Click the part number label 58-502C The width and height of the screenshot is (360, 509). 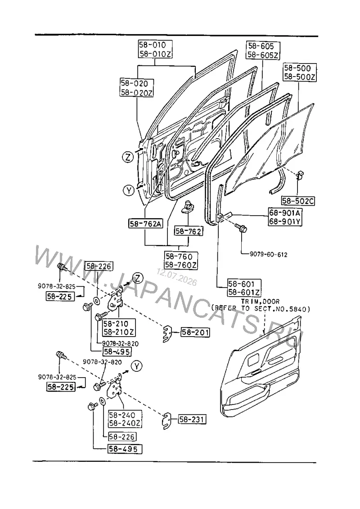coord(298,201)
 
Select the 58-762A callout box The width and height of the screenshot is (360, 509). coord(145,224)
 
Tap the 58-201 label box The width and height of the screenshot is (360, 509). coord(195,333)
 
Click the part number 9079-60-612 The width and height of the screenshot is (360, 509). coord(269,255)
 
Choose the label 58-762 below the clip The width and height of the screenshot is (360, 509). coord(189,231)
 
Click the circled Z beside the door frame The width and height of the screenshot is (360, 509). coord(128,157)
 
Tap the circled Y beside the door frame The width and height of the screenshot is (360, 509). coord(129,190)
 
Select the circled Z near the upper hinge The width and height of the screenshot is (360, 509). coord(138,278)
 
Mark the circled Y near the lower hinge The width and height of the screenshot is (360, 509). coord(137,366)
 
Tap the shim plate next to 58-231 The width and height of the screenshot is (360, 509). coord(166,420)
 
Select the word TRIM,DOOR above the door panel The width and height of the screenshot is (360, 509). coord(260,302)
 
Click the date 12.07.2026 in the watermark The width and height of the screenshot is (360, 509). coord(176,277)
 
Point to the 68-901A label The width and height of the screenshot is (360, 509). coord(284,213)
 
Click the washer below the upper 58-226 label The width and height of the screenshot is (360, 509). coord(97,301)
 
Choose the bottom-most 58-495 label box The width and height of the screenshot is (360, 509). coord(125,449)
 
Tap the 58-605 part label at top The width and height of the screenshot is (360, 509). coord(261,46)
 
